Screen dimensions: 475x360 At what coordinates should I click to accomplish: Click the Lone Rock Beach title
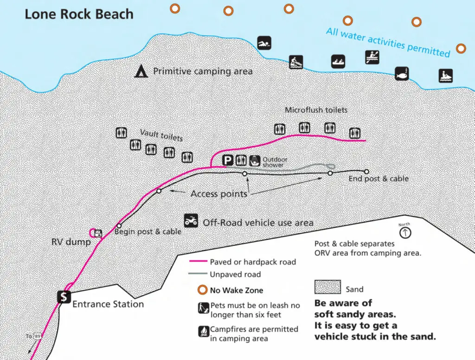point(79,14)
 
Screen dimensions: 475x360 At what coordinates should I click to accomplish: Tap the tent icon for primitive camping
point(141,71)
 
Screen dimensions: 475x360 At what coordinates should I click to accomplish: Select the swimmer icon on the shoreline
point(264,43)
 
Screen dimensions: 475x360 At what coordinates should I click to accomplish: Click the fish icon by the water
point(402,74)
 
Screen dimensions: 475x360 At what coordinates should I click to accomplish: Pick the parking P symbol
point(227,160)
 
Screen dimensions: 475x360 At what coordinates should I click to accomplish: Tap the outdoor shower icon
point(255,161)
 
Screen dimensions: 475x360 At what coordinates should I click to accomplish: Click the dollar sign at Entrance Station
point(64,297)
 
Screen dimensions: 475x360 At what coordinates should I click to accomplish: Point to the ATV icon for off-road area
point(191,221)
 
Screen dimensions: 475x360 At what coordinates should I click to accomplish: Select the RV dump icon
point(98,233)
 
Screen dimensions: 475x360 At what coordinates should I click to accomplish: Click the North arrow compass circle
point(405,233)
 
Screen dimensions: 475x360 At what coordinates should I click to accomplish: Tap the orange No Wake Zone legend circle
point(202,290)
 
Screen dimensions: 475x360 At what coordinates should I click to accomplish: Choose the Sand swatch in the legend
point(327,287)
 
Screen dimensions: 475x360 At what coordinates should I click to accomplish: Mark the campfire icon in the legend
point(204,331)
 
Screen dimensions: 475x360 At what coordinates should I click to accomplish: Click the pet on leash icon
point(204,308)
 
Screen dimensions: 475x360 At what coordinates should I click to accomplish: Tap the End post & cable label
point(379,179)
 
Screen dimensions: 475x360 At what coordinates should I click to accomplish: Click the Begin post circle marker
point(119,226)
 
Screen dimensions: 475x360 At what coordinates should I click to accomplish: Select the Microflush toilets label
point(316,110)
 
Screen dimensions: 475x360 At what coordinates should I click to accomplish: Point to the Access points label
point(219,194)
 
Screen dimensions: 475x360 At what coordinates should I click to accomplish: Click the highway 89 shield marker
point(37,336)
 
